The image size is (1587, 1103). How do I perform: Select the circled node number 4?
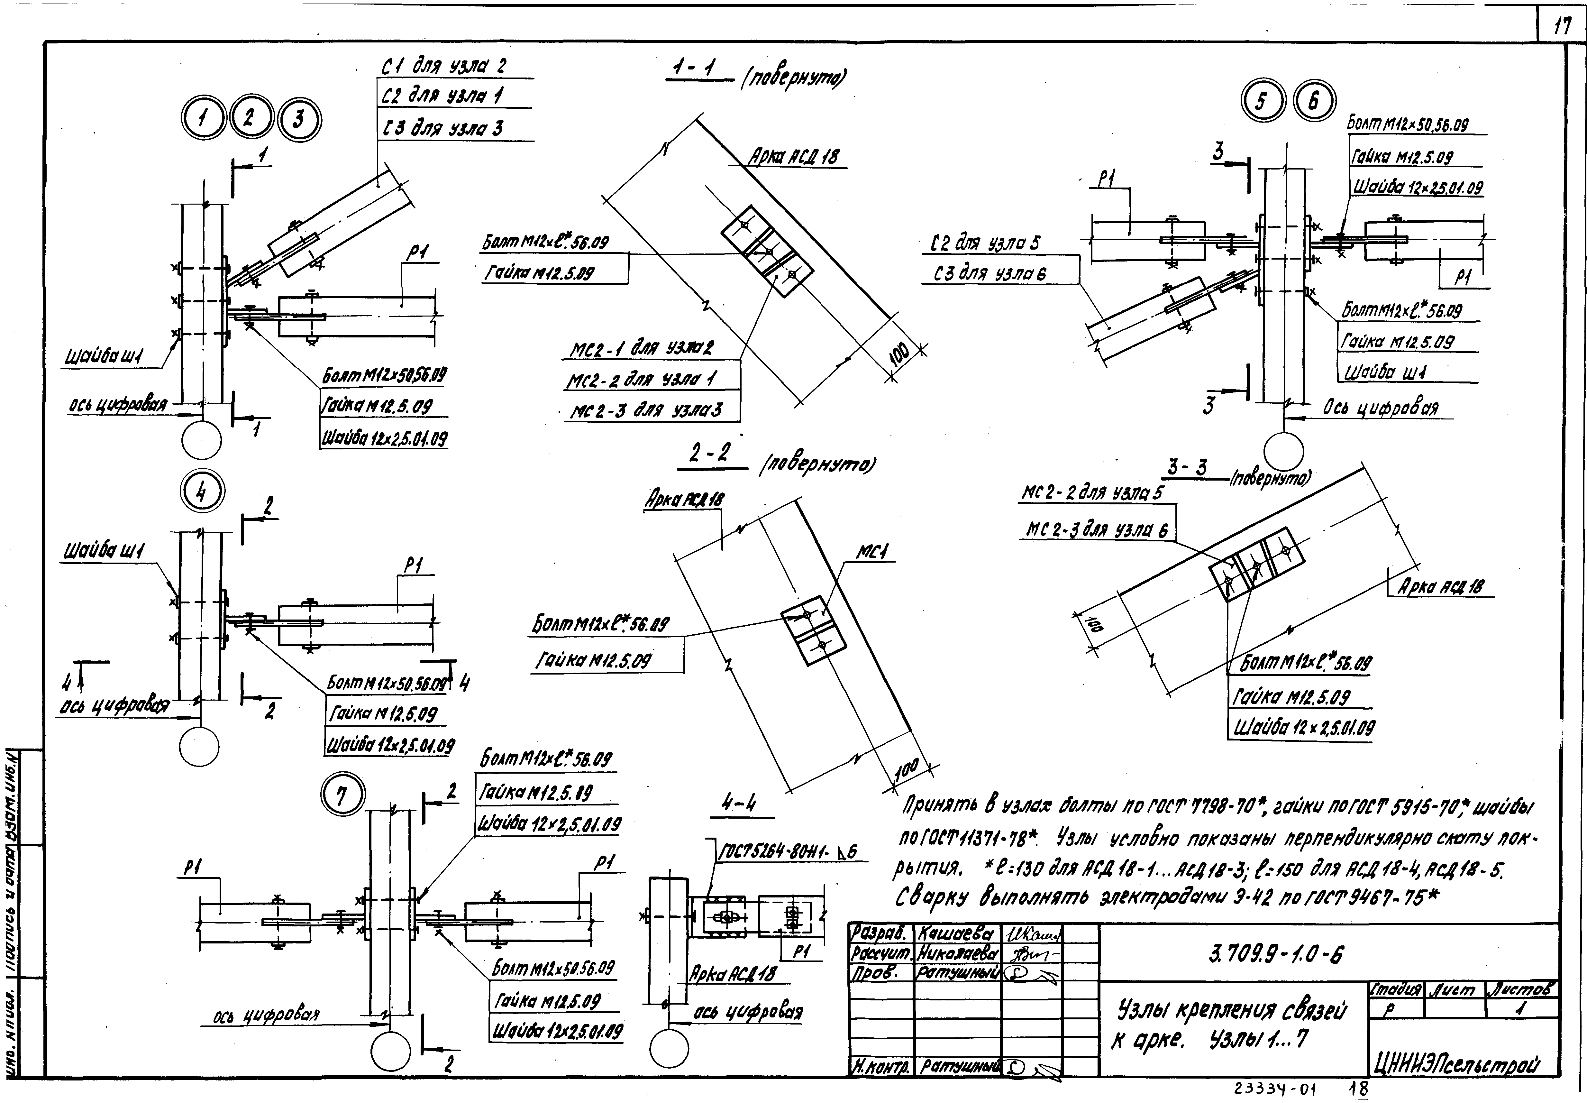coord(201,492)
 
